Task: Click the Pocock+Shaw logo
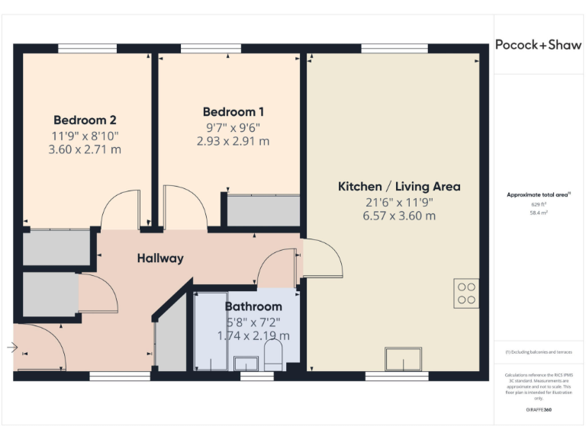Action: (x=538, y=44)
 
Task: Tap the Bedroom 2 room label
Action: (x=85, y=120)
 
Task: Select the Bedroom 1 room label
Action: (x=233, y=112)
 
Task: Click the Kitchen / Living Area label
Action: (x=399, y=186)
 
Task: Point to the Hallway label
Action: (x=160, y=258)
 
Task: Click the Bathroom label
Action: (x=253, y=306)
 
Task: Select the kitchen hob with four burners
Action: (x=466, y=293)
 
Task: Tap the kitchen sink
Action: (x=403, y=358)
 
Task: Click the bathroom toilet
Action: (x=273, y=355)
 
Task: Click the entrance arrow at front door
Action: (x=12, y=348)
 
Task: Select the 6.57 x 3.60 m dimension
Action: (x=399, y=216)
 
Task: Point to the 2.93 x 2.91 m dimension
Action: (x=233, y=141)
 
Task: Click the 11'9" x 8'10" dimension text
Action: (x=85, y=135)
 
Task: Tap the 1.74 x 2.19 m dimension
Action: (x=253, y=335)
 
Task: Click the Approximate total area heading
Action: (x=538, y=195)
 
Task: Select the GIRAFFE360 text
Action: (x=538, y=410)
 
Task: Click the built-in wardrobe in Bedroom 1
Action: (x=263, y=210)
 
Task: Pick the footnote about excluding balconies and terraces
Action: (x=538, y=352)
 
